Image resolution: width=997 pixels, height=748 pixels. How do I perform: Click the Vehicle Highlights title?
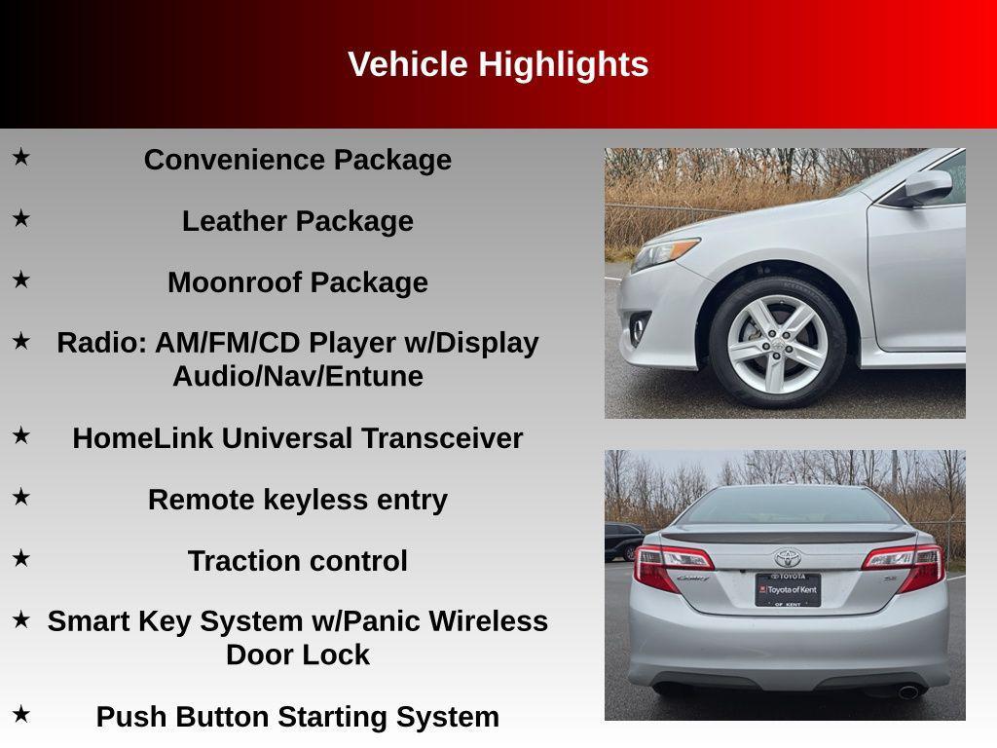coord(498,64)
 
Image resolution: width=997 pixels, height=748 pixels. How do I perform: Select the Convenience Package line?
coord(297,160)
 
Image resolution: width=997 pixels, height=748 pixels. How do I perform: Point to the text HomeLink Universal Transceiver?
coord(297,438)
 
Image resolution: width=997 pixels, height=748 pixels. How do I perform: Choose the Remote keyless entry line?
coord(297,500)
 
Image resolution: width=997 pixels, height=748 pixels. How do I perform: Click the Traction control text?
coord(297,561)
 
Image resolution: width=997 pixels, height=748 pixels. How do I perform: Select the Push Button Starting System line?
coord(297,717)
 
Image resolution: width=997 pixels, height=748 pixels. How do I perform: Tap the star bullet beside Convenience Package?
coord(20,156)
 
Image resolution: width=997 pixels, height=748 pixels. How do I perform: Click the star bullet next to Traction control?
coord(20,557)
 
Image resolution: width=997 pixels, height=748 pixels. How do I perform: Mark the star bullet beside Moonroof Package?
coord(20,280)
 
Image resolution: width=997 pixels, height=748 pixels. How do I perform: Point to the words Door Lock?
coord(297,654)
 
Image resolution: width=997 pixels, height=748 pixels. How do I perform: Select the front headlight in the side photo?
coord(664,254)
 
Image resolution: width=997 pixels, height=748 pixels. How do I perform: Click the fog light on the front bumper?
coord(637,329)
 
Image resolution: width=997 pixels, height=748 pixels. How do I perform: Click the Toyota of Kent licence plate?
coord(788,588)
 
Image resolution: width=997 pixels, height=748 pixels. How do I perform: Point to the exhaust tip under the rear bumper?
coord(907,692)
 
